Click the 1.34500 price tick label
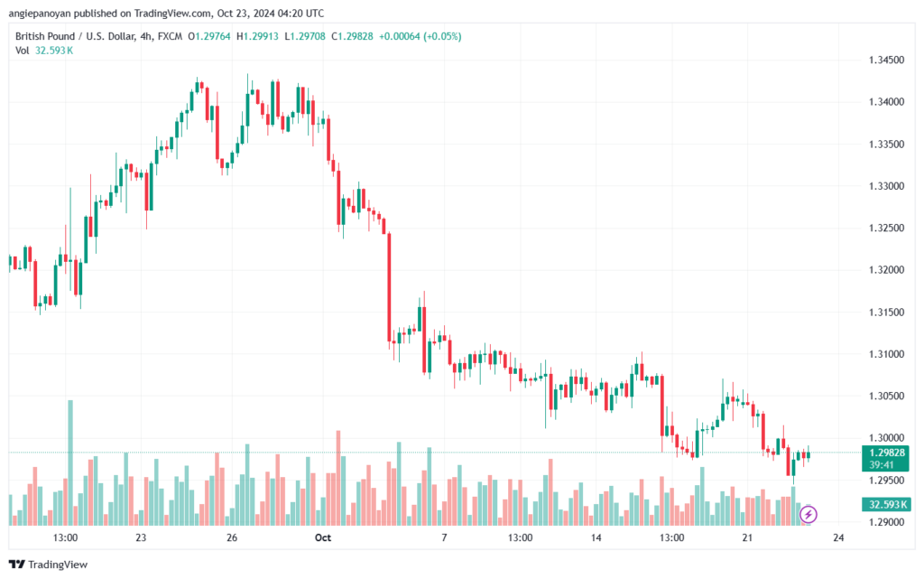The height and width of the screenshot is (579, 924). (x=886, y=61)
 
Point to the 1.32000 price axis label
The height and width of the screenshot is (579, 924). (x=886, y=270)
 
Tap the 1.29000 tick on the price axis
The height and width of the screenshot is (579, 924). (x=886, y=522)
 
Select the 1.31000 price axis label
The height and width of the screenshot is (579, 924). (x=886, y=354)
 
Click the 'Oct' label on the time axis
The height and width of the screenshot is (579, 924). (x=323, y=537)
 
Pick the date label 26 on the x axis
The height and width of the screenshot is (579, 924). (x=232, y=537)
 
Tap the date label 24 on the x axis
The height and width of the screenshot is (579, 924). (x=838, y=537)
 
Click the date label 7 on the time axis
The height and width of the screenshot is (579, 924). (x=444, y=537)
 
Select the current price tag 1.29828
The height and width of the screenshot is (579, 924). (x=886, y=453)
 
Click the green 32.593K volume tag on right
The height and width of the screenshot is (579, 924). (x=886, y=504)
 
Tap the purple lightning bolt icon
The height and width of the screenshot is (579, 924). (x=808, y=515)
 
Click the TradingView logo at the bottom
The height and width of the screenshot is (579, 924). (x=49, y=565)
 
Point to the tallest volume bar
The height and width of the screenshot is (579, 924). (x=70, y=462)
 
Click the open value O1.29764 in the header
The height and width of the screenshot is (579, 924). (x=209, y=36)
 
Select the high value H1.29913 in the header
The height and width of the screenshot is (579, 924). (x=257, y=36)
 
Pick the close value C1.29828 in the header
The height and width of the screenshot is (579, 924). (x=352, y=36)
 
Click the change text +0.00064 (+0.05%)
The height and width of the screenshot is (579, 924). (x=420, y=36)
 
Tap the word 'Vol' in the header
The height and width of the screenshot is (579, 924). (x=22, y=51)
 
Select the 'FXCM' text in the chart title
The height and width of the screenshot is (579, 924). (x=170, y=36)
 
